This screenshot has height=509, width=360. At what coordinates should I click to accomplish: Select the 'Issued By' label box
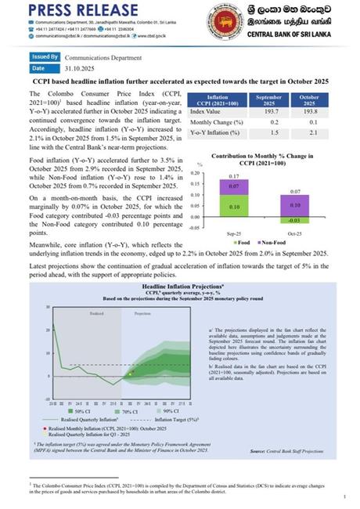pos(45,57)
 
